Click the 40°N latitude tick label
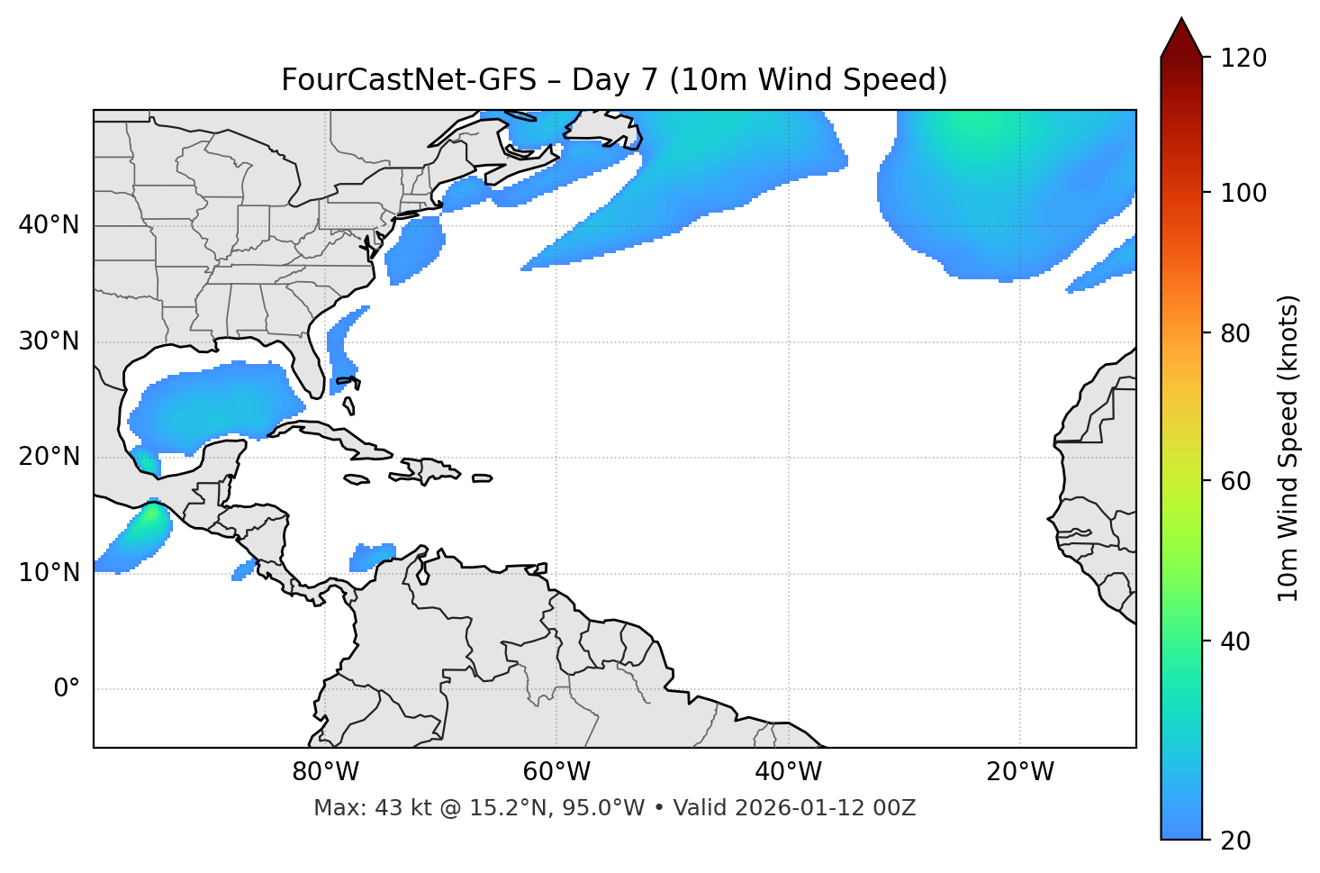point(49,225)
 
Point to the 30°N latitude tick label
point(49,341)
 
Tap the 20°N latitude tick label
point(49,457)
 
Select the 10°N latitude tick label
point(49,573)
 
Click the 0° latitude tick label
point(67,689)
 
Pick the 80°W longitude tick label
point(325,772)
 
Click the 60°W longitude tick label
point(556,772)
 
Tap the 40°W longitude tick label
point(788,772)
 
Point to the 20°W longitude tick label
point(1020,772)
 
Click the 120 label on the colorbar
point(1243,59)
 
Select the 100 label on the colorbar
point(1243,193)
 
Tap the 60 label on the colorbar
point(1235,481)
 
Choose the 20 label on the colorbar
point(1235,841)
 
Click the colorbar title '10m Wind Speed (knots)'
point(1288,448)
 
